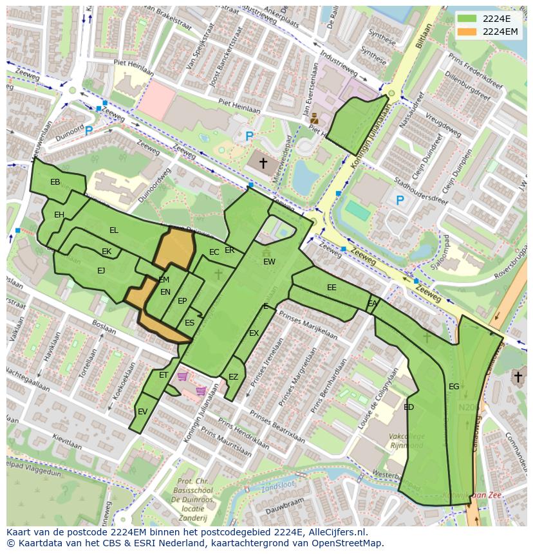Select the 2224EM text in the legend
(x=500, y=31)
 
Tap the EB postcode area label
(x=55, y=182)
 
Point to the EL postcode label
(x=114, y=230)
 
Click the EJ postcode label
(x=101, y=271)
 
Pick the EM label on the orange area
(x=164, y=280)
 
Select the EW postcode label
(x=269, y=262)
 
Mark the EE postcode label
(x=332, y=288)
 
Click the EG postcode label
(x=454, y=387)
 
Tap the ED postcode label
(x=409, y=407)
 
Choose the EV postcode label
(x=143, y=412)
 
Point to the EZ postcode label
(x=233, y=377)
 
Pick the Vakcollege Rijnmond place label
(x=406, y=441)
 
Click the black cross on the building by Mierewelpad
(x=263, y=163)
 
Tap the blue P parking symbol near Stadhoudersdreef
(x=400, y=201)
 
